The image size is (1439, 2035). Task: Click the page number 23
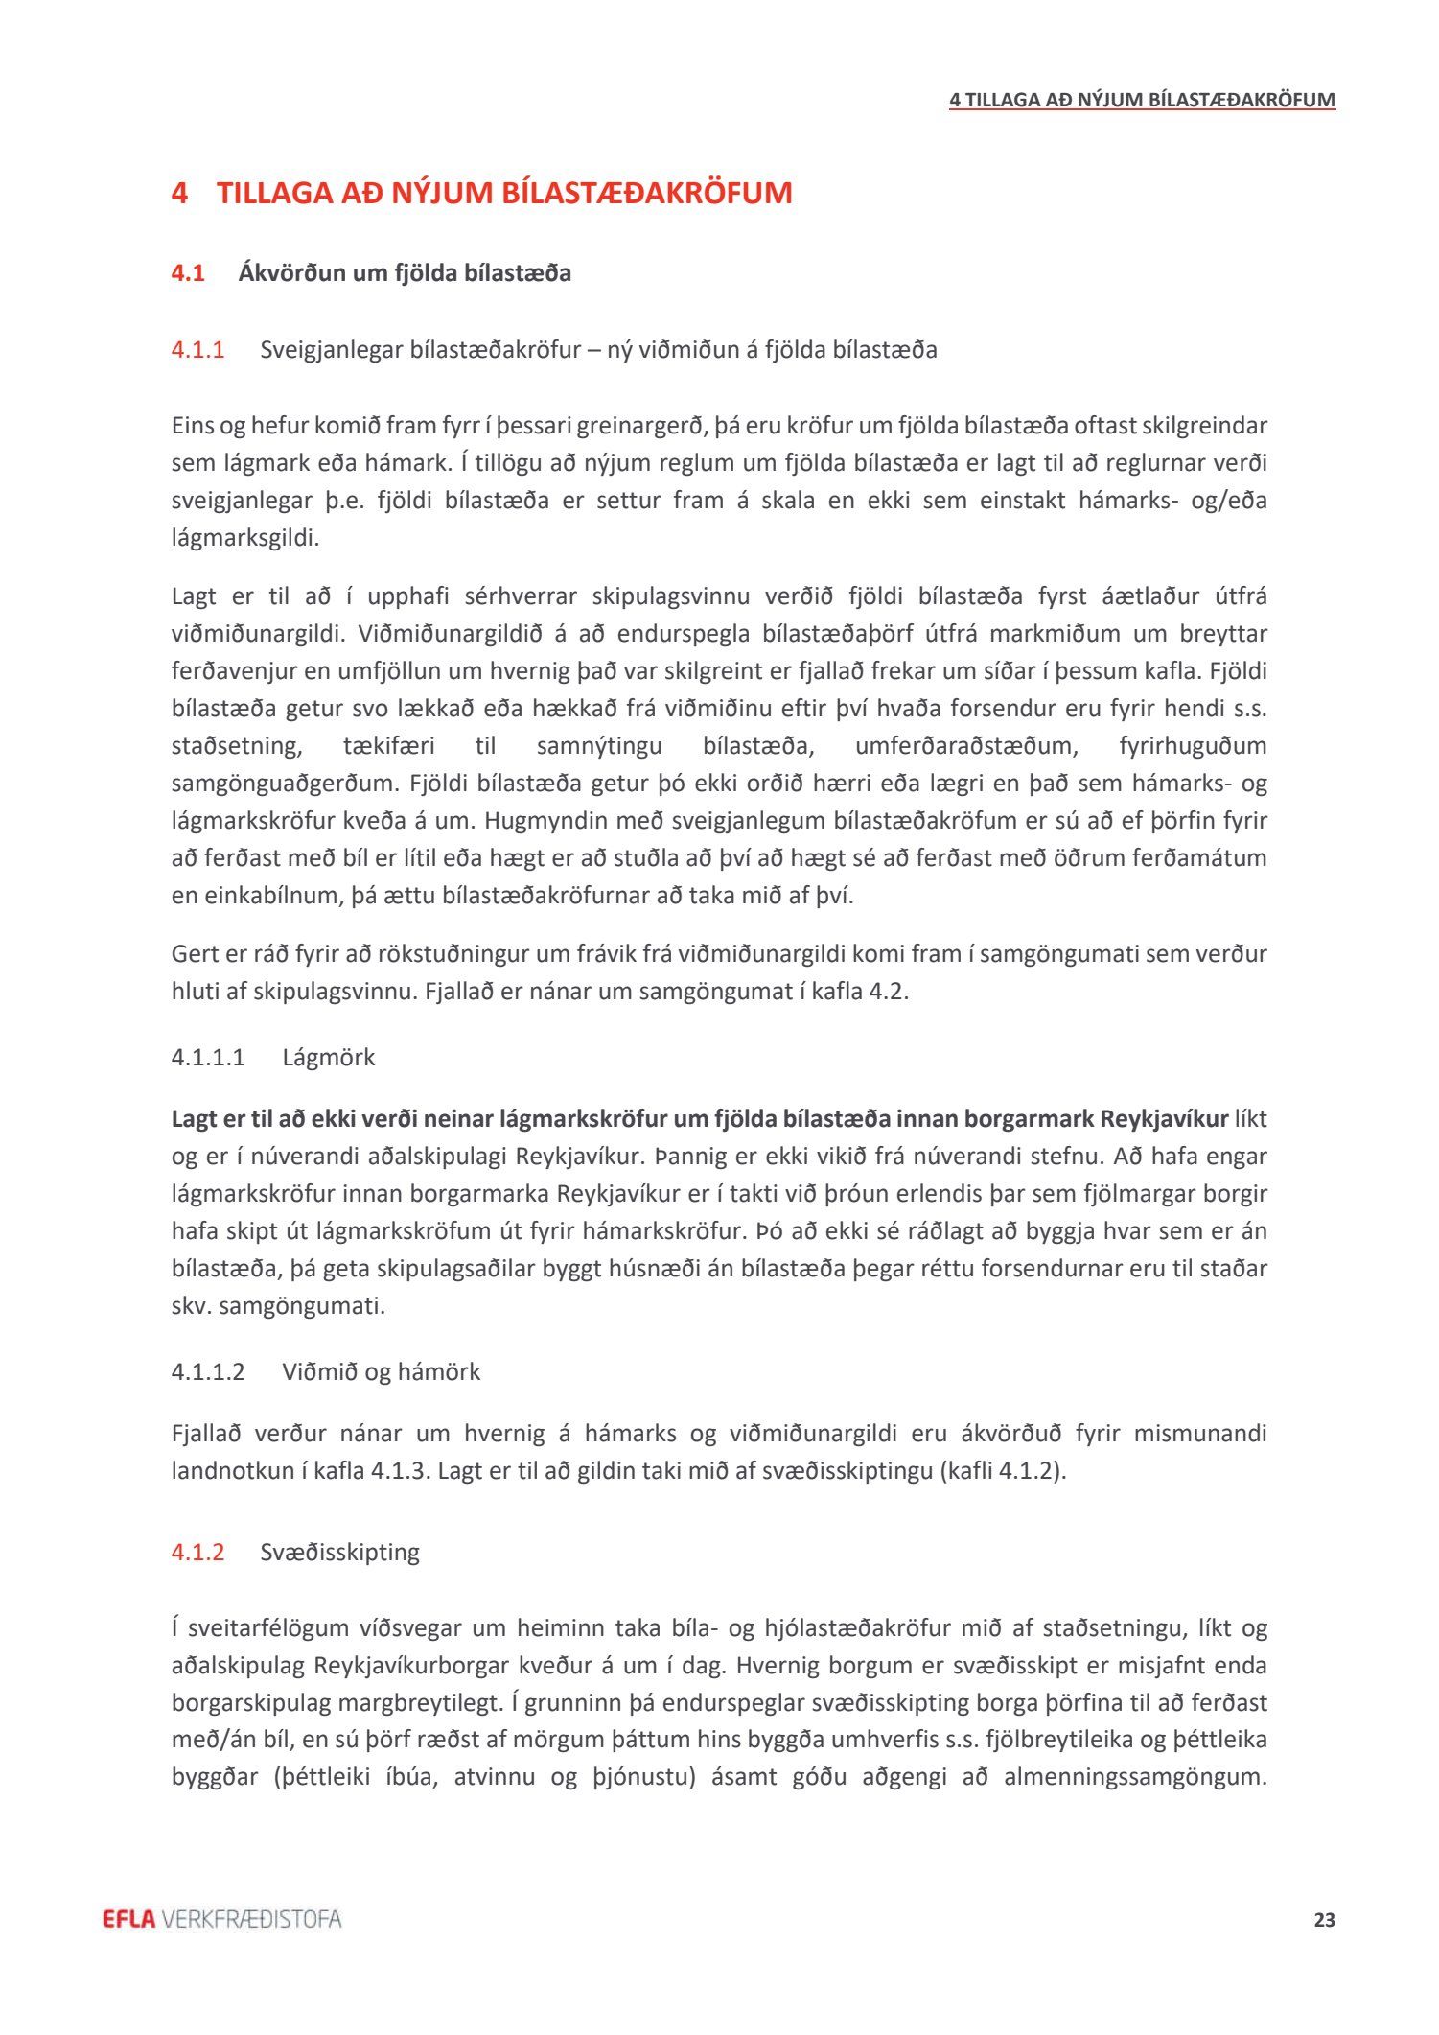point(1324,1920)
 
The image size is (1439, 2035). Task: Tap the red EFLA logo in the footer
point(128,1919)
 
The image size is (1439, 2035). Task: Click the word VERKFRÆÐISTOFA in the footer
point(252,1919)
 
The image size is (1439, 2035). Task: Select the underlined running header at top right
point(1142,100)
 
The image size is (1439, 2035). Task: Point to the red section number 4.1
point(188,273)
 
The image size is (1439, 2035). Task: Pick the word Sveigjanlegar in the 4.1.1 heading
point(331,350)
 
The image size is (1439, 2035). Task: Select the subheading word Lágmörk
point(328,1058)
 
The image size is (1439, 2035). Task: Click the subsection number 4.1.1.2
point(208,1372)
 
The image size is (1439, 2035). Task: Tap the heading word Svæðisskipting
point(339,1552)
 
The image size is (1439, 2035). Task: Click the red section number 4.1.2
point(197,1552)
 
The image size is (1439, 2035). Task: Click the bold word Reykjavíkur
point(1164,1119)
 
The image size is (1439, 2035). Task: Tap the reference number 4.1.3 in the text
point(397,1471)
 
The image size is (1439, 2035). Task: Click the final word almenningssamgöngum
point(1135,1777)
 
